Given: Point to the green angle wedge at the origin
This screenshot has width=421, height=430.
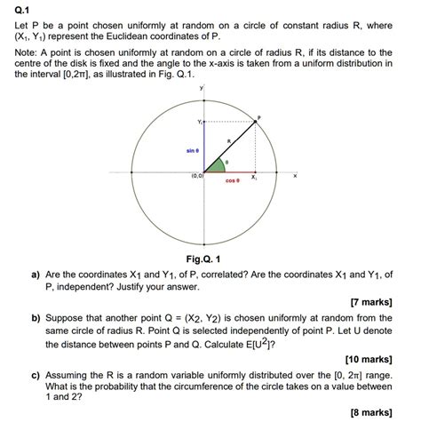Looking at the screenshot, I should click(213, 165).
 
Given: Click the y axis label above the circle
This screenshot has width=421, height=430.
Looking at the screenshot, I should click(203, 89).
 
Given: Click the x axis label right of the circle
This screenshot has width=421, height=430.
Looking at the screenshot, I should click(294, 176).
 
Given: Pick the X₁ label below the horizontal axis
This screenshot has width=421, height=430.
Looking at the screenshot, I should click(254, 179).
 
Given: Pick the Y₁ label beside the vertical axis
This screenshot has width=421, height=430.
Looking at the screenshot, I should click(200, 121).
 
